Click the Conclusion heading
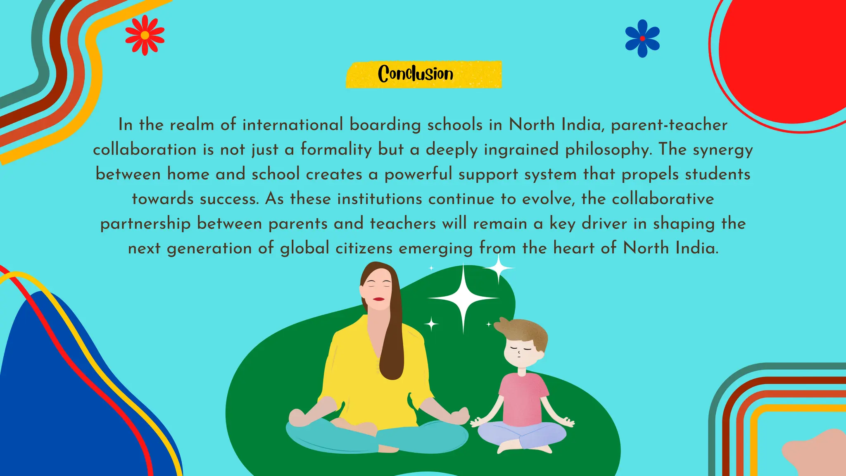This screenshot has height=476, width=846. [x=416, y=74]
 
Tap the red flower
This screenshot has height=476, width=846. [x=145, y=36]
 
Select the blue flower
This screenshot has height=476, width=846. [x=642, y=38]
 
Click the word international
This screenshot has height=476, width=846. [x=292, y=125]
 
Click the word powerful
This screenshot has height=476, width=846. [x=418, y=174]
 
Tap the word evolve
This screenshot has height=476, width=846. [x=548, y=199]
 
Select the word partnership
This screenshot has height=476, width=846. [x=145, y=224]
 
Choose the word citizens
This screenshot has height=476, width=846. [x=364, y=248]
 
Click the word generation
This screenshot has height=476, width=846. [x=209, y=248]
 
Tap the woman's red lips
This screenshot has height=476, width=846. [x=378, y=299]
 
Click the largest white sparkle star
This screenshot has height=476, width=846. [x=463, y=297]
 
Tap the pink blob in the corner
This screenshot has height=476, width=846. [x=816, y=455]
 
